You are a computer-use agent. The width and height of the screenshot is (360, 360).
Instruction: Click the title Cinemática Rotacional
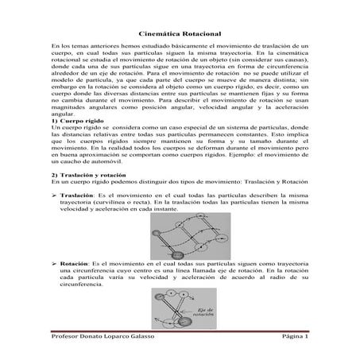[x=180, y=35]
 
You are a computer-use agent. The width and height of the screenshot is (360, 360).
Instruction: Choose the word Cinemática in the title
[x=159, y=35]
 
